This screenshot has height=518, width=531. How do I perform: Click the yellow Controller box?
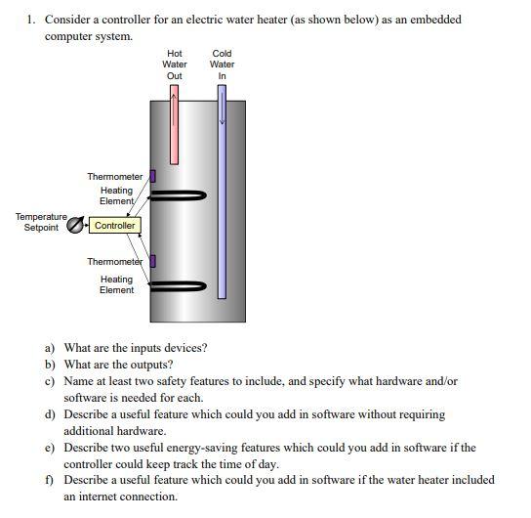115,226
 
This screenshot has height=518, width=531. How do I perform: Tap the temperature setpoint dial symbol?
74,226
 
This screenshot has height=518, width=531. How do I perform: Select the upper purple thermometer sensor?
152,176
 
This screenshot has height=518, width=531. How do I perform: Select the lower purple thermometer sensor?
152,260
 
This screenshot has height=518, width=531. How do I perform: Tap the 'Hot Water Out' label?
175,65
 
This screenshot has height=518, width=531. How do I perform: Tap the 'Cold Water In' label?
222,65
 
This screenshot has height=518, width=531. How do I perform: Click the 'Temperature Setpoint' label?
41,222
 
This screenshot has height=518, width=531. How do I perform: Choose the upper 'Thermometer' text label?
115,177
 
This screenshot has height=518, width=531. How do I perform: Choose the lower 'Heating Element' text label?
116,284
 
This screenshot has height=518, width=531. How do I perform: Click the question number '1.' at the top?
31,19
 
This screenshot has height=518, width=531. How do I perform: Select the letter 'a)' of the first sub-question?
50,347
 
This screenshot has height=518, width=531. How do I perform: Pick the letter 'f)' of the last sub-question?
50,480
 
